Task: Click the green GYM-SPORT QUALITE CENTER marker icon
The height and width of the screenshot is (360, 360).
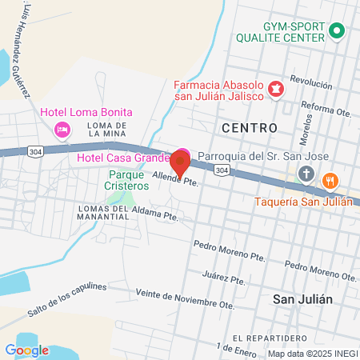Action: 337,32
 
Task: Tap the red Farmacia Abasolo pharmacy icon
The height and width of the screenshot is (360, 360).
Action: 276,87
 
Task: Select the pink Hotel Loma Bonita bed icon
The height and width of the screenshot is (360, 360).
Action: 61,129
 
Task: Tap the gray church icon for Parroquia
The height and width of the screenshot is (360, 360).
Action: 306,174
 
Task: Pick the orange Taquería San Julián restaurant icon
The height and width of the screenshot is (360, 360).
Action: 329,182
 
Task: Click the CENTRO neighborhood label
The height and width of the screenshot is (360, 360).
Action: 249,128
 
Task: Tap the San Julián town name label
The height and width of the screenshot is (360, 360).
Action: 302,299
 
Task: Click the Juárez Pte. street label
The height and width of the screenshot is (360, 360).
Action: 224,278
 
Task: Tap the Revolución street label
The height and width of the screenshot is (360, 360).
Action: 311,82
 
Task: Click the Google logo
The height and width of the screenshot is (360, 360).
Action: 26,350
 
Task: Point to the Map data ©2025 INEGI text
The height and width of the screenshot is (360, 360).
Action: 311,353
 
